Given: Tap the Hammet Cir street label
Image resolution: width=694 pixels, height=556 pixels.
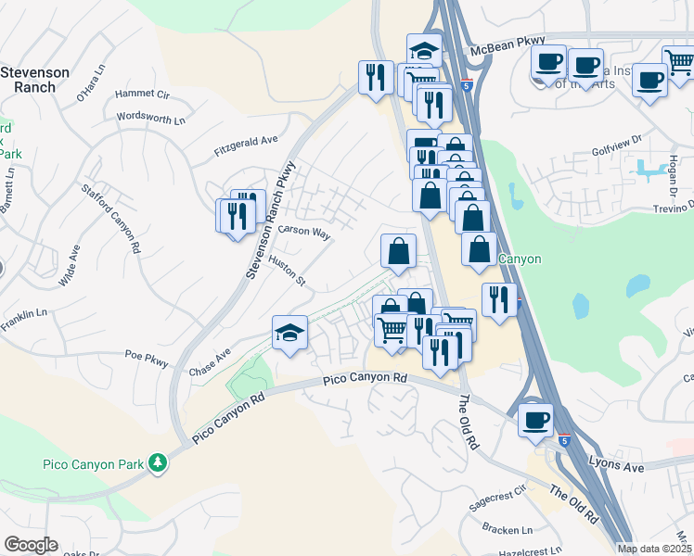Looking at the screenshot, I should [x=143, y=95].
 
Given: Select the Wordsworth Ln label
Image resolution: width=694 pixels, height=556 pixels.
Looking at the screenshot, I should [x=151, y=118].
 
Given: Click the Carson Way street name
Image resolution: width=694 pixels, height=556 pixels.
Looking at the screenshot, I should [x=304, y=232].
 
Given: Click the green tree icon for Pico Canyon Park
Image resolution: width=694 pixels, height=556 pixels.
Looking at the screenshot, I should [x=158, y=461].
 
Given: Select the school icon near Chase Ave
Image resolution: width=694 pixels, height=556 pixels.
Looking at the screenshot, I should [x=289, y=334].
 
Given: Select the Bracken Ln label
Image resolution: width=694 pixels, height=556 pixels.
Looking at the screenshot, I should [x=507, y=529].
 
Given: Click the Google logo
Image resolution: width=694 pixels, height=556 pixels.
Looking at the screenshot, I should [x=31, y=545].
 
